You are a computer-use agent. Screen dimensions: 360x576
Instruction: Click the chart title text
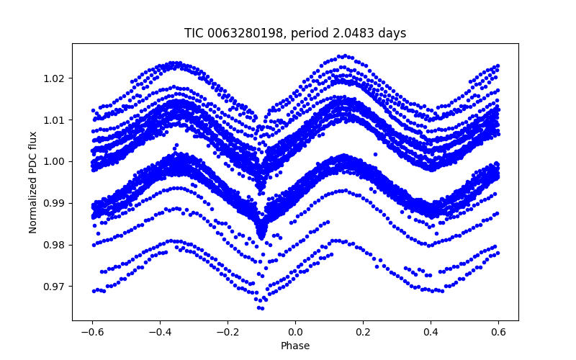pyautogui.click(x=295, y=33)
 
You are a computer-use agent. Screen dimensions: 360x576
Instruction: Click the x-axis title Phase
pyautogui.click(x=295, y=346)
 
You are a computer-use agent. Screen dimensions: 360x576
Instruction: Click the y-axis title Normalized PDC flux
pyautogui.click(x=33, y=181)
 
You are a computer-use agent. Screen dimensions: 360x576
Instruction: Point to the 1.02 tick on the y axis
pyautogui.click(x=55, y=78)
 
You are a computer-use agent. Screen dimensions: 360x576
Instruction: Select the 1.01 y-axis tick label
pyautogui.click(x=55, y=120)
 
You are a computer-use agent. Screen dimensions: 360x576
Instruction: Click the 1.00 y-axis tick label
pyautogui.click(x=55, y=161)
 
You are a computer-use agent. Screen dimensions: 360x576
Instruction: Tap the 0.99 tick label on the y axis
pyautogui.click(x=55, y=203)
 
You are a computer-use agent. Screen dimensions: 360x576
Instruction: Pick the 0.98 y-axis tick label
pyautogui.click(x=55, y=245)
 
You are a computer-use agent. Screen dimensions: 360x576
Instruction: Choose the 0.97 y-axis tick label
pyautogui.click(x=55, y=287)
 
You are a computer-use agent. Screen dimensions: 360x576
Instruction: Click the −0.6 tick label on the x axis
pyautogui.click(x=92, y=332)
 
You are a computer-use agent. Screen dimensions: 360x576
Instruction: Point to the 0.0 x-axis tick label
pyautogui.click(x=295, y=332)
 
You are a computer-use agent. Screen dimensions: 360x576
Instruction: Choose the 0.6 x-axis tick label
pyautogui.click(x=498, y=332)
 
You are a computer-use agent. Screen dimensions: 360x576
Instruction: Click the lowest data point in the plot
pyautogui.click(x=261, y=308)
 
